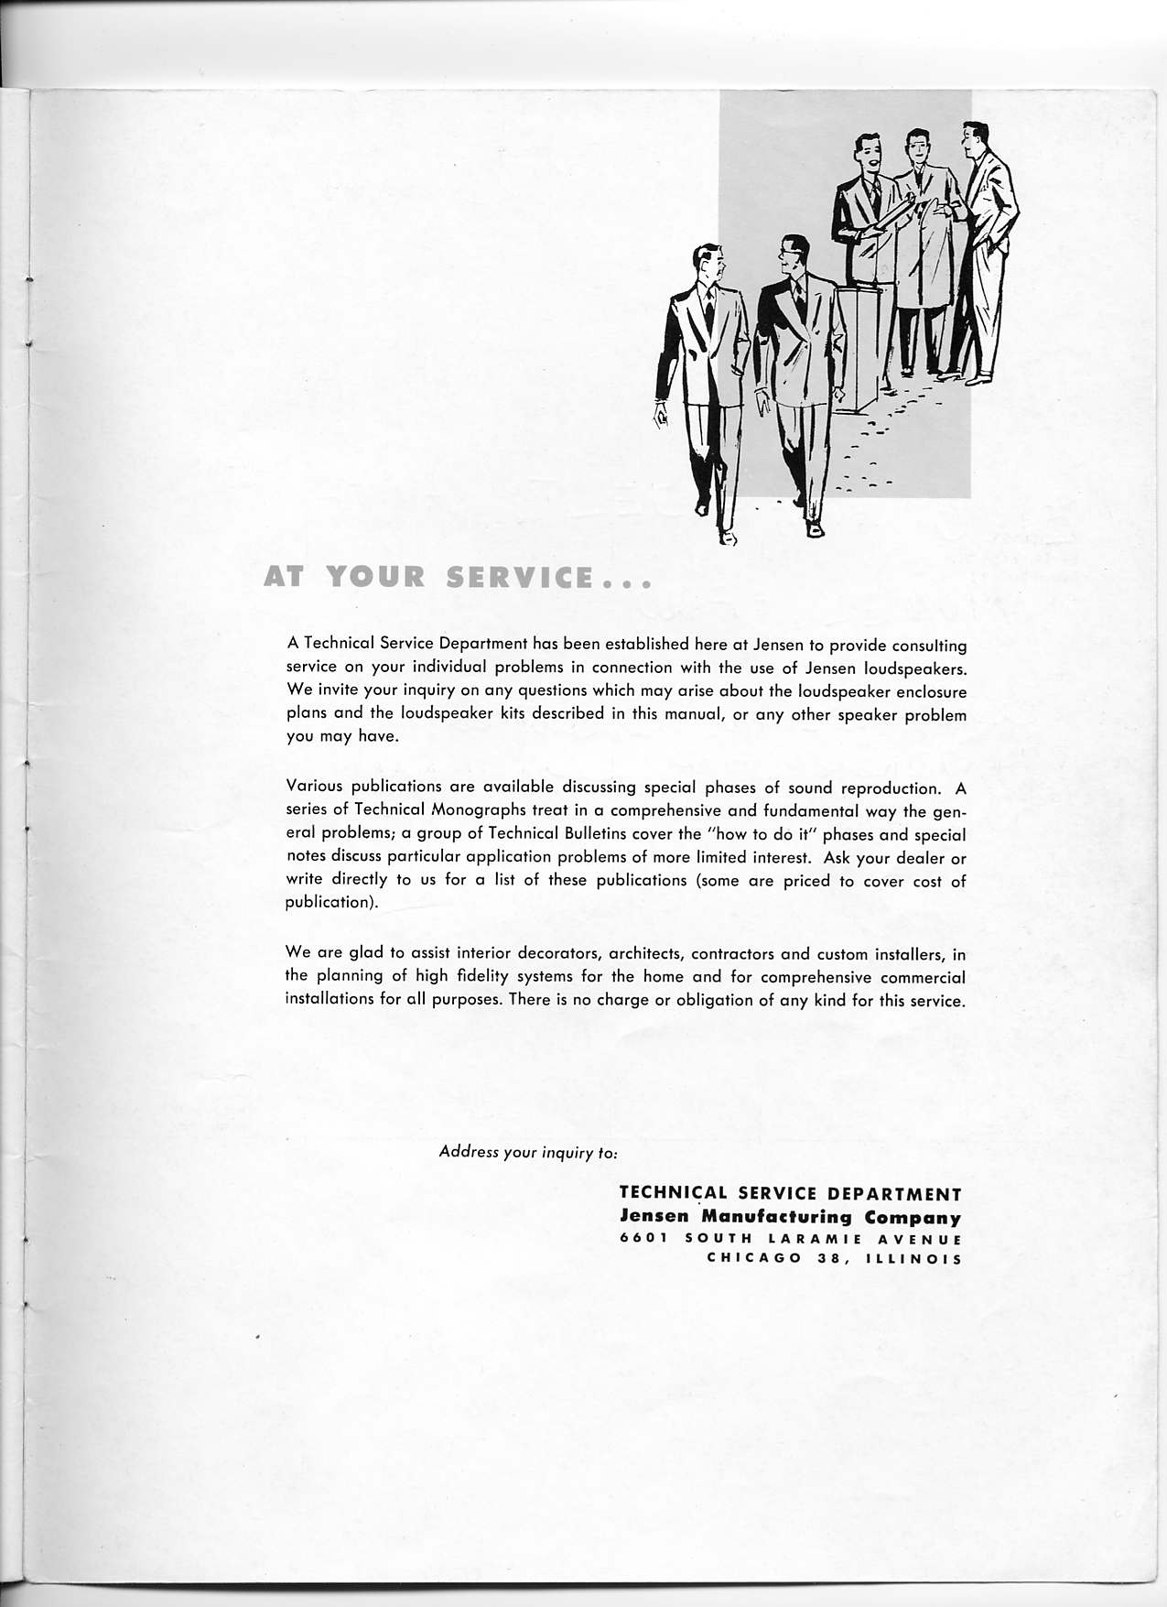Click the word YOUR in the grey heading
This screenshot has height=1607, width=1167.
pyautogui.click(x=376, y=578)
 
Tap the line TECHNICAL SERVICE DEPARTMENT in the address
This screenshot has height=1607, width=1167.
pyautogui.click(x=791, y=1194)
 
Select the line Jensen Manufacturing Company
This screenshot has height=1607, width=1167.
pyautogui.click(x=791, y=1218)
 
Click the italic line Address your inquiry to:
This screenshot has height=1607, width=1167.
pyautogui.click(x=528, y=1152)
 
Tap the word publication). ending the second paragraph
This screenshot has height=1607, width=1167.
pyautogui.click(x=327, y=903)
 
